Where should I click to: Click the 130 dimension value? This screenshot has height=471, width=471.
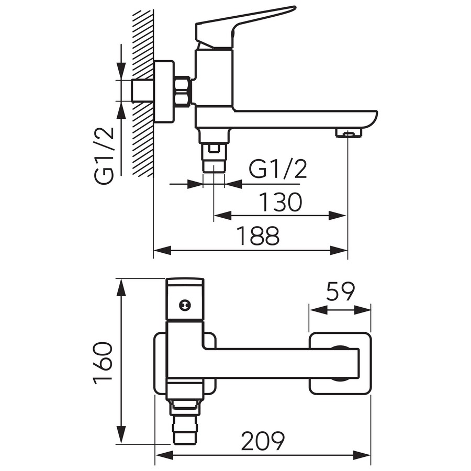(280, 202)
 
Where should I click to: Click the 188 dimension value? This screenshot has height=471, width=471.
(258, 236)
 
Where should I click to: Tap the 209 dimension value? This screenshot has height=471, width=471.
(263, 441)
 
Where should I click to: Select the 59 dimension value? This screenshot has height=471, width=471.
(340, 291)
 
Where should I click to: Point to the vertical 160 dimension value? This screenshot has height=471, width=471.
(103, 363)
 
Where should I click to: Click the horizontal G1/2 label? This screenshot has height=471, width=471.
(278, 169)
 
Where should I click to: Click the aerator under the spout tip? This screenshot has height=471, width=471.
(349, 132)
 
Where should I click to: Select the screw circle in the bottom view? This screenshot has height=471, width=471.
(185, 305)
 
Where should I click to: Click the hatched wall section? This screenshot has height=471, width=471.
(143, 93)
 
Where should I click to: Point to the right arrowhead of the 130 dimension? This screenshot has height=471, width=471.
(338, 216)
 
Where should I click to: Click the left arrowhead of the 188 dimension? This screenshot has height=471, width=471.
(163, 250)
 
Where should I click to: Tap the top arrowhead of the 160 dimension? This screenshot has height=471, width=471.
(120, 288)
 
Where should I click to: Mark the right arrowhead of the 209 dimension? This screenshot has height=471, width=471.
(362, 463)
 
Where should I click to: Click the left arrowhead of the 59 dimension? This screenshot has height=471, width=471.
(318, 310)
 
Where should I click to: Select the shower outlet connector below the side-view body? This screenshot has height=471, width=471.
(214, 151)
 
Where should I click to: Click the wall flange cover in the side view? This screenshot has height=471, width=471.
(164, 92)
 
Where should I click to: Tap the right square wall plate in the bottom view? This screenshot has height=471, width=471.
(340, 363)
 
